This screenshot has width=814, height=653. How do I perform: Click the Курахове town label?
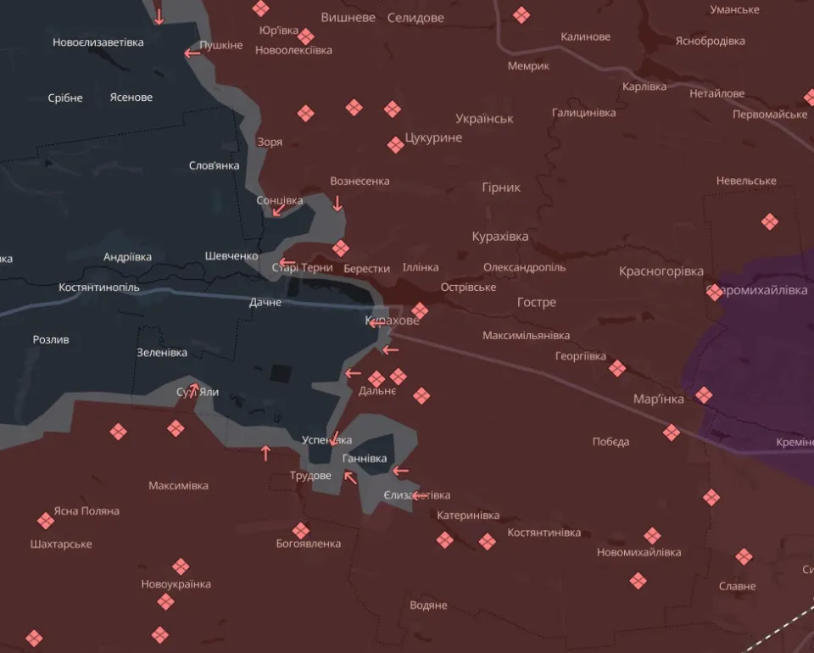[392, 321]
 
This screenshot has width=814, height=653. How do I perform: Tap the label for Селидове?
[415, 18]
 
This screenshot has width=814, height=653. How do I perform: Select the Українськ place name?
[484, 119]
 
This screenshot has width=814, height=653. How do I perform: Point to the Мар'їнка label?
[659, 399]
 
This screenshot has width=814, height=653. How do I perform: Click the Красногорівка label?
[661, 271]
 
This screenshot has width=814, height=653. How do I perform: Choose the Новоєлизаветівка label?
[98, 42]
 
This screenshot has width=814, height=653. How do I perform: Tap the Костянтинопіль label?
[99, 287]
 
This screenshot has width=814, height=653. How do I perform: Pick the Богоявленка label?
[309, 544]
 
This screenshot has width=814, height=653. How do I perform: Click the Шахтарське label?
[60, 544]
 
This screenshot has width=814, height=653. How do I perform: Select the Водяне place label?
[428, 606]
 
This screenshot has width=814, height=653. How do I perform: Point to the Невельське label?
[746, 181]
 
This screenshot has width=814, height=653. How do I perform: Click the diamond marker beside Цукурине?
[395, 145]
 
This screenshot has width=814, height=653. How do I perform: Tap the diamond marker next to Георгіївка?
[617, 368]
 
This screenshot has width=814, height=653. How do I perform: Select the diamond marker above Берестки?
[341, 248]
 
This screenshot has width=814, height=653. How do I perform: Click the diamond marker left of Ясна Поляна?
[46, 521]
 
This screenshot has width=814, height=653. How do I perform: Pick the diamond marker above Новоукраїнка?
[181, 566]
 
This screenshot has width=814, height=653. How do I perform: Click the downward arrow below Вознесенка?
[337, 203]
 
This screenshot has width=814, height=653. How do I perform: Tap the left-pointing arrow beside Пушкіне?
[192, 53]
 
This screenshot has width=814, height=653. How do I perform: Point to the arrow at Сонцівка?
[277, 209]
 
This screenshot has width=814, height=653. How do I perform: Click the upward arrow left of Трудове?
[265, 453]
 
